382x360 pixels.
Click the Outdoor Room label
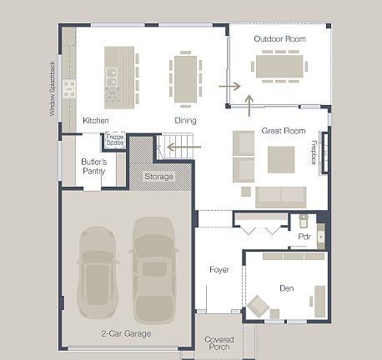tap(279, 39)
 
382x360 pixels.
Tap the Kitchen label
tap(95, 121)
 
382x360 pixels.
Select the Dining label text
tap(185, 121)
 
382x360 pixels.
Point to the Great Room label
tap(283, 131)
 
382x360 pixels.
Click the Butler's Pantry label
tap(93, 166)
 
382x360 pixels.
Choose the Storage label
tap(158, 177)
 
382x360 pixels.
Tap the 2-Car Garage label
tap(126, 333)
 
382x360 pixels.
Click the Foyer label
tap(219, 269)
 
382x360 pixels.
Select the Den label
tap(286, 288)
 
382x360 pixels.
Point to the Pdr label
tap(304, 237)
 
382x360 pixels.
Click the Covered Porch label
tap(219, 343)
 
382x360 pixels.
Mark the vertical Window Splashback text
tap(52, 87)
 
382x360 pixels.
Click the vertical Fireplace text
tap(314, 152)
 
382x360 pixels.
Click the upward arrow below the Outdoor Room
tap(249, 104)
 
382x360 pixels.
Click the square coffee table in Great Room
tap(280, 158)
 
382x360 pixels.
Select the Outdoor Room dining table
tap(279, 65)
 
